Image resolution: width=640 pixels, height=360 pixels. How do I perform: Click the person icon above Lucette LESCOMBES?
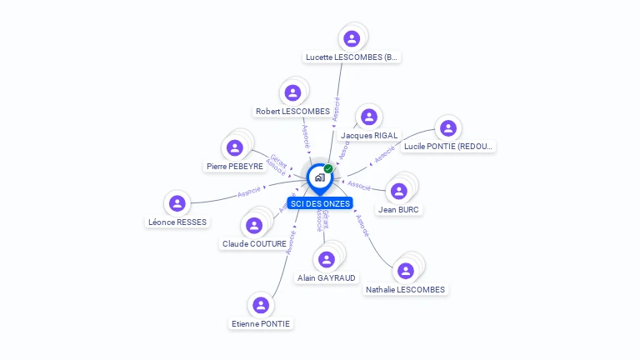[x=352, y=38]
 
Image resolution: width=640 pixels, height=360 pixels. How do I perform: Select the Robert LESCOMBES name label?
[x=292, y=111]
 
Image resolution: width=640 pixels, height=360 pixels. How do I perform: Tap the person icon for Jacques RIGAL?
[x=368, y=117]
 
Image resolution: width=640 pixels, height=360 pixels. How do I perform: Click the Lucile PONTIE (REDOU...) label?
[x=448, y=146]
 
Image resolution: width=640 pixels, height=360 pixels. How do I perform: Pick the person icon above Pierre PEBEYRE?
[x=235, y=148]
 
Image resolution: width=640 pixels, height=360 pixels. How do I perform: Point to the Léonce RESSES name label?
[x=177, y=222]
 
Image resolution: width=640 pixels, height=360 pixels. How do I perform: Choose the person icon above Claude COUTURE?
[x=254, y=226]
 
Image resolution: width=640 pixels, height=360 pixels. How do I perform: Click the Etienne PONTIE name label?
[x=262, y=323]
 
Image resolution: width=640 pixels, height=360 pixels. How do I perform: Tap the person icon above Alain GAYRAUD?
[x=327, y=260]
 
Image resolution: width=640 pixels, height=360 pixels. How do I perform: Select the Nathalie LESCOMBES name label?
[x=405, y=289]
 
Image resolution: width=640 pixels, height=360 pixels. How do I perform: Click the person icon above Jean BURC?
[x=398, y=192]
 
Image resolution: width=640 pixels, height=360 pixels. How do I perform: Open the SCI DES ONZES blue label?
[x=320, y=203]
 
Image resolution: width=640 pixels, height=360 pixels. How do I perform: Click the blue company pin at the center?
[x=319, y=177]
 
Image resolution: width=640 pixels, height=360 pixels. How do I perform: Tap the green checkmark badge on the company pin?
[x=328, y=168]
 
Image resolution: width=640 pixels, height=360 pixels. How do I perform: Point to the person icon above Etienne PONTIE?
[x=261, y=305]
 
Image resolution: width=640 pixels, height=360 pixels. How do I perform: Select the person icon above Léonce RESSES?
[x=177, y=203]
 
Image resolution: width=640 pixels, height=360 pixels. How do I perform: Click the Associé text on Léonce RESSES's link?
[x=250, y=192]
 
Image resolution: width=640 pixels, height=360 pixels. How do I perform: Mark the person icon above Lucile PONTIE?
[x=447, y=128]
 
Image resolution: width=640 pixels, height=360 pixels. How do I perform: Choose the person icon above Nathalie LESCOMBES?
[x=406, y=271]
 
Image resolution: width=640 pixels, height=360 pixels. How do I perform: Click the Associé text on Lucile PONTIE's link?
[x=385, y=155]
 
